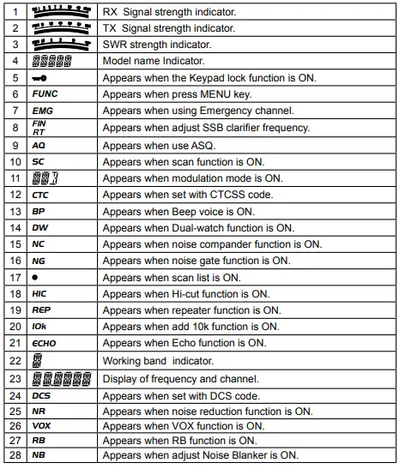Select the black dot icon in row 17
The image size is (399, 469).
coord(34,278)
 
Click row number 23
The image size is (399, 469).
coord(15,378)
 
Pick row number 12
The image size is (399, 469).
coord(15,195)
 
